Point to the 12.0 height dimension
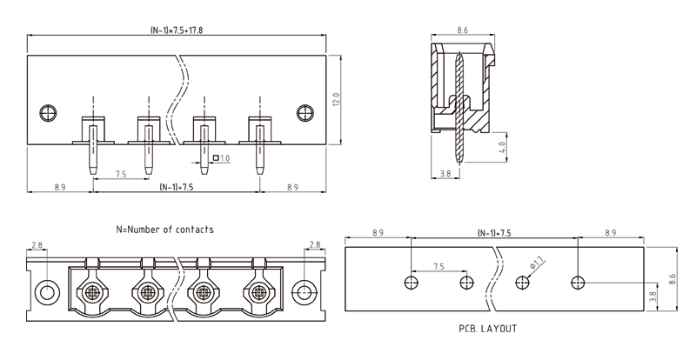(337, 100)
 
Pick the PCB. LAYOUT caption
(488, 329)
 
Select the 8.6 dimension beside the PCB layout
(671, 278)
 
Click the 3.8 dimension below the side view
(445, 174)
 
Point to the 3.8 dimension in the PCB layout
(652, 295)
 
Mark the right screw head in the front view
(304, 112)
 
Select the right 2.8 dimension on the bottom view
(313, 245)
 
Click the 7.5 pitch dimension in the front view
(120, 175)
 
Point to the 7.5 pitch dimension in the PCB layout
(438, 266)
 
